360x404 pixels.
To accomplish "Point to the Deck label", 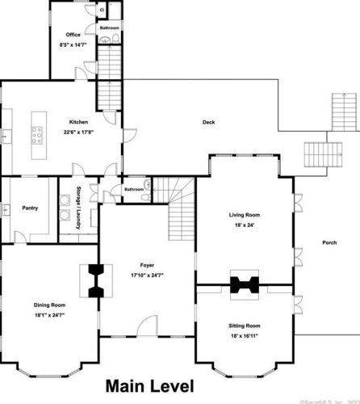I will coord(208,123).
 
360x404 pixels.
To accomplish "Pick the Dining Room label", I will coord(48,305).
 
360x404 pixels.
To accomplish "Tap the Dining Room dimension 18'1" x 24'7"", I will coord(48,316).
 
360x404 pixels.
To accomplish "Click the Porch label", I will coord(329,242).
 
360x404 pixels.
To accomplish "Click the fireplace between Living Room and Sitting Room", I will coord(244,284).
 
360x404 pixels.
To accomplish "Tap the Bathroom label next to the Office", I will coord(109,27).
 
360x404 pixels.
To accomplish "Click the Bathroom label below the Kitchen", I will coord(134,190).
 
